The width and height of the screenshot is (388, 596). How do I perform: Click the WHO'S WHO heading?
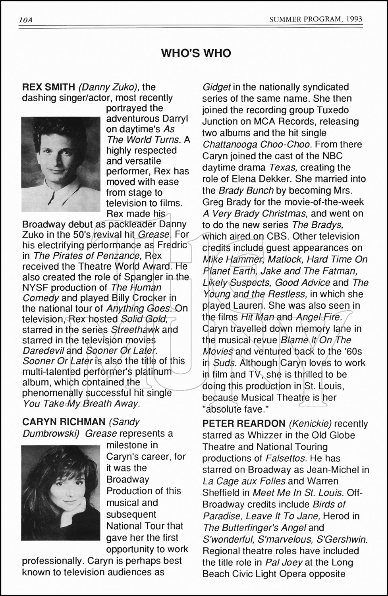pyautogui.click(x=196, y=53)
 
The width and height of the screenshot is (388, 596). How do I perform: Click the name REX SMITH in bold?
pyautogui.click(x=48, y=87)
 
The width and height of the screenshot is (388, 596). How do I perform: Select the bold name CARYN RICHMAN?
pyautogui.click(x=64, y=422)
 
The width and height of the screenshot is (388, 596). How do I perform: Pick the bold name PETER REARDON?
pyautogui.click(x=244, y=424)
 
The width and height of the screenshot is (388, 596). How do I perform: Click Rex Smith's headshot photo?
pyautogui.click(x=61, y=164)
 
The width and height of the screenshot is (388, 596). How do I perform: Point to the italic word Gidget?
pyautogui.click(x=216, y=87)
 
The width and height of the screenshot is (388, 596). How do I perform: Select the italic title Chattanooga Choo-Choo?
pyautogui.click(x=257, y=144)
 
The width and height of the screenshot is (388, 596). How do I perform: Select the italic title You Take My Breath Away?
pyautogui.click(x=81, y=404)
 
